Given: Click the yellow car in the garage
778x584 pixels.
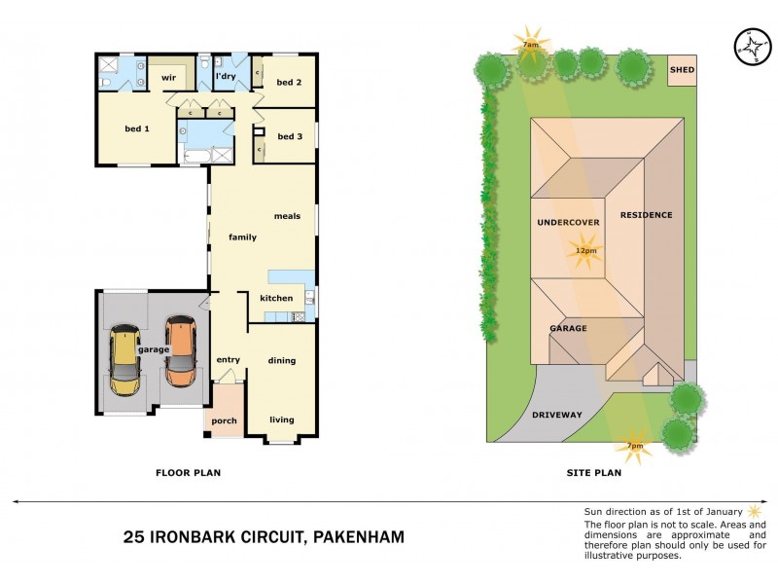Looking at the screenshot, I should pos(124,360).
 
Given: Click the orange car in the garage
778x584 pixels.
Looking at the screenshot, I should pos(180,351).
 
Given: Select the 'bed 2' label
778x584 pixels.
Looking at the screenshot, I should pos(290,83).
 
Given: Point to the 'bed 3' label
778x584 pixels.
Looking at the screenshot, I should pos(290,136).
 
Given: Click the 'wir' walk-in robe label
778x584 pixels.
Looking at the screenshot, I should pos(167,78).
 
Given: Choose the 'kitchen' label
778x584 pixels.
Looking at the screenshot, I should pos(276,298).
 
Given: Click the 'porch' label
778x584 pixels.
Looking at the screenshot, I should pos(224,420).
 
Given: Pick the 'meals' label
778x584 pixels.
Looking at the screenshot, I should pos(287,216).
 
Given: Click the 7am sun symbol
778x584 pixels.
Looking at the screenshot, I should pos(531,44).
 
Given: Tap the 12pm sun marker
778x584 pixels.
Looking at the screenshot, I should pos(585,251).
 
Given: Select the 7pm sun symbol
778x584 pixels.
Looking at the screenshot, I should pos(634,445).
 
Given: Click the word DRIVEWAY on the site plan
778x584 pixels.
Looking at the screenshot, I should pos(557,415).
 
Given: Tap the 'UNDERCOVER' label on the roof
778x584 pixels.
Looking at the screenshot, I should pos(568,222).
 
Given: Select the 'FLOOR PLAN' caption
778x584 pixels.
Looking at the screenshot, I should pos(189,473).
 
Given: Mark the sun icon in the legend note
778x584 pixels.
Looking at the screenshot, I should pos(753,510).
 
